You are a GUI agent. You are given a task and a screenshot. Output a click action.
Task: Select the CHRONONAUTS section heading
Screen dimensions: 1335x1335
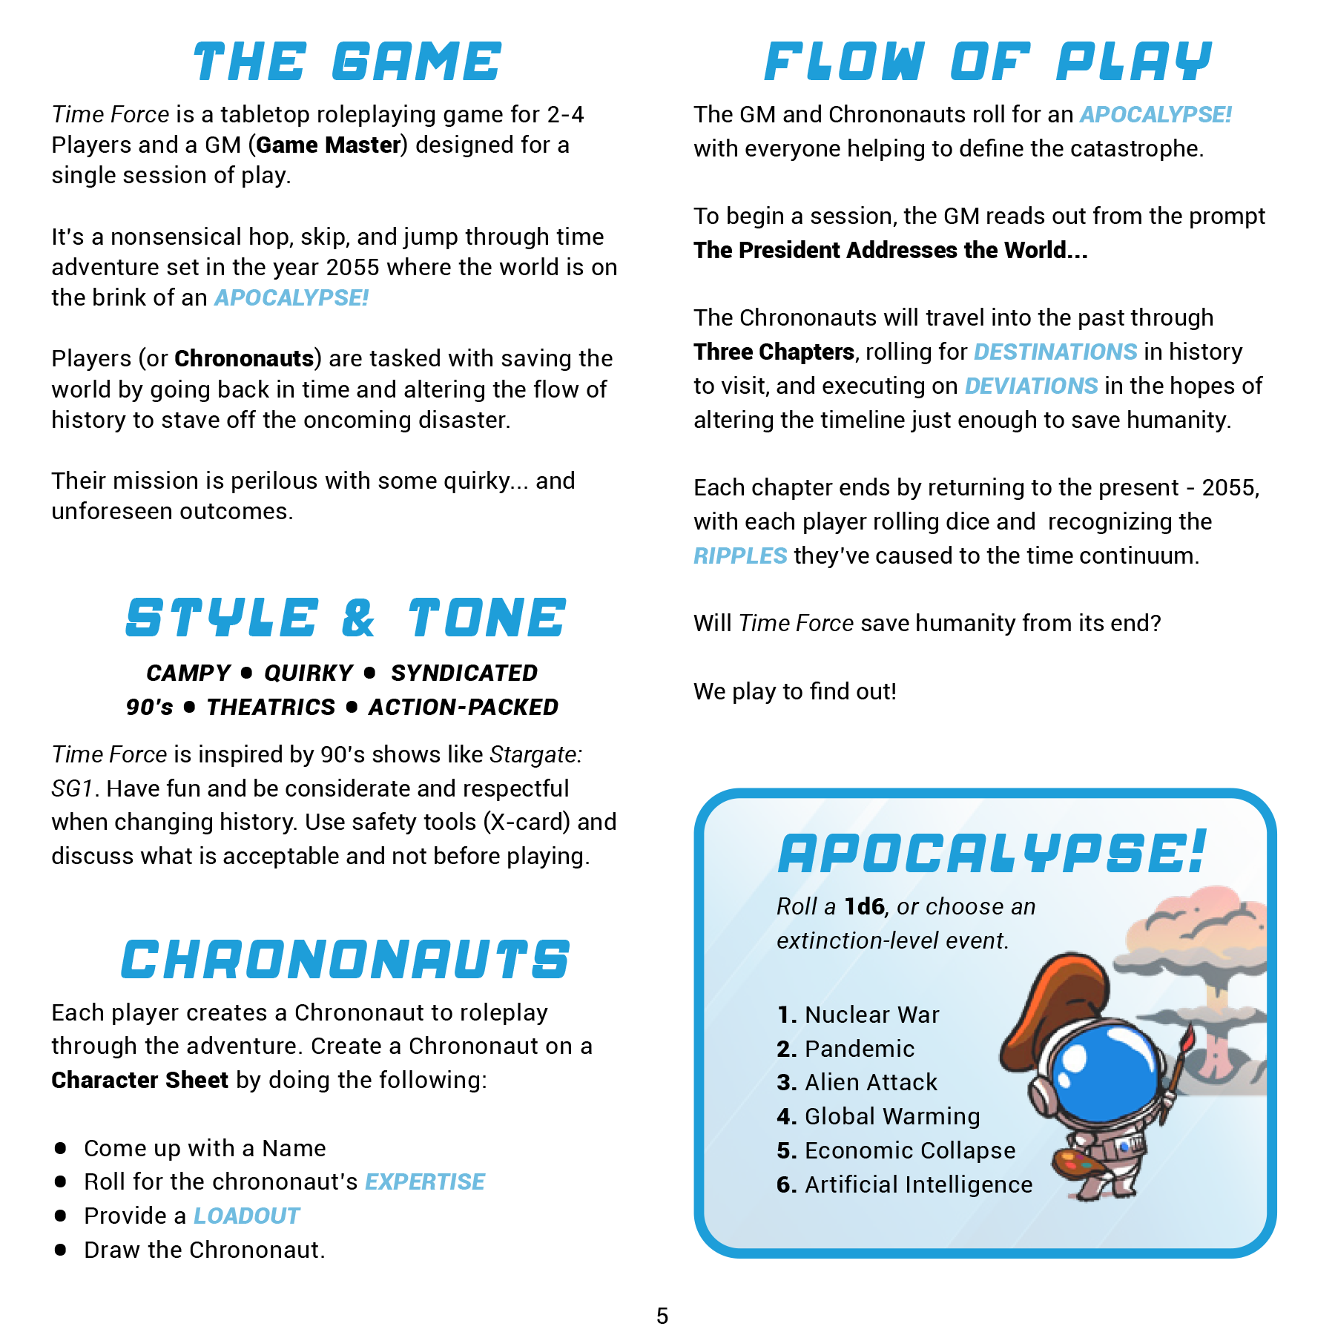[346, 960]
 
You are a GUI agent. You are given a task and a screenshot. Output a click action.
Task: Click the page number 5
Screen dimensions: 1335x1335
[662, 1316]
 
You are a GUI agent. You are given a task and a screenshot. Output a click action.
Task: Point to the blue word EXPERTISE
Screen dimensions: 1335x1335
[425, 1181]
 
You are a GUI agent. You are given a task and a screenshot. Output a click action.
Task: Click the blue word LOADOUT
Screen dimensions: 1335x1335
[247, 1216]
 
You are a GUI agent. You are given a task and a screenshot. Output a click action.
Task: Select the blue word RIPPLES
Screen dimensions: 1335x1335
[740, 556]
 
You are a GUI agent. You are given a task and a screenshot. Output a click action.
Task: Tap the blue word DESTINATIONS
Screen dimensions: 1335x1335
[1055, 352]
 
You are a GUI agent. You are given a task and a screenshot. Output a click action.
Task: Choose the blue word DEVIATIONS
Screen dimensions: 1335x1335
[1031, 386]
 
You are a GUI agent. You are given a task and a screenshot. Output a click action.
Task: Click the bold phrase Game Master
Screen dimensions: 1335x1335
[329, 145]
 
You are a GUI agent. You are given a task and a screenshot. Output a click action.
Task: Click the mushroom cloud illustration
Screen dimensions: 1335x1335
[1201, 964]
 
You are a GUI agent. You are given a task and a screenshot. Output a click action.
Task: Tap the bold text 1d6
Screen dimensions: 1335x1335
[865, 906]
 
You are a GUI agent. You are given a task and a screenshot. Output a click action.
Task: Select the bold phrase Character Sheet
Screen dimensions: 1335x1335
[139, 1080]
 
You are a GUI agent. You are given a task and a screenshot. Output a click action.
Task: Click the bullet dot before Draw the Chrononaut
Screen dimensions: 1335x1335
[61, 1250]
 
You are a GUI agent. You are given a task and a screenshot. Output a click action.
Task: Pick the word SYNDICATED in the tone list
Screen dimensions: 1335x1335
[464, 673]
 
